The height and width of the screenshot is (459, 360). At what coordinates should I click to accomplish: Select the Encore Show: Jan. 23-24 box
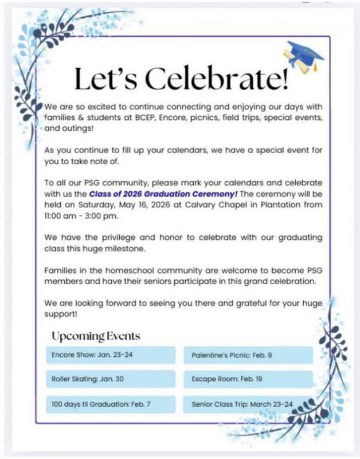110,355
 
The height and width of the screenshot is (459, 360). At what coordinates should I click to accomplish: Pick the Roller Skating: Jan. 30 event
110,379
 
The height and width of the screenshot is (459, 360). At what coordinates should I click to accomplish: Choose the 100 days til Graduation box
110,404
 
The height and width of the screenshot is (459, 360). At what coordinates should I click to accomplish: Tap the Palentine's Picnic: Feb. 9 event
248,355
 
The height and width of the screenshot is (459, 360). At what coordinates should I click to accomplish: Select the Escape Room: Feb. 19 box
248,379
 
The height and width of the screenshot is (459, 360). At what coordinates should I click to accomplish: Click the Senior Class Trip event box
248,404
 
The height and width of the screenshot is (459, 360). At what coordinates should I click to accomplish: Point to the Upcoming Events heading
96,336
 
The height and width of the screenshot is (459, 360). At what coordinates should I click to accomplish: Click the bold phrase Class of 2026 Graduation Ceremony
163,194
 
